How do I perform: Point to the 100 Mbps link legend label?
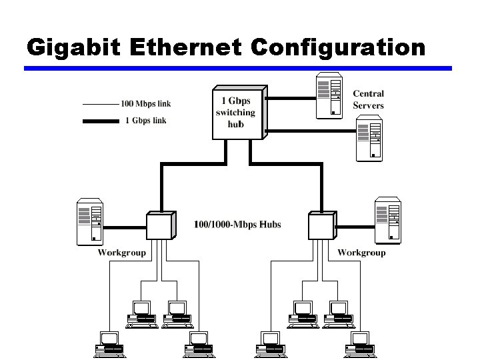click(145, 103)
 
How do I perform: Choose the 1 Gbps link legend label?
click(145, 121)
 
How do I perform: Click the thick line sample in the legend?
click(99, 121)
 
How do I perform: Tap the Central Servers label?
click(368, 100)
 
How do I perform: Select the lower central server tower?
click(369, 139)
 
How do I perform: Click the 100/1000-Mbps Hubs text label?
click(237, 224)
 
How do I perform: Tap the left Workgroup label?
click(122, 253)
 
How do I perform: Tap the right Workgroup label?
click(361, 253)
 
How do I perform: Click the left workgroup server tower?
click(91, 221)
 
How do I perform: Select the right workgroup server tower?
click(388, 221)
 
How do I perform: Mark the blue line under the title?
click(238, 68)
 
